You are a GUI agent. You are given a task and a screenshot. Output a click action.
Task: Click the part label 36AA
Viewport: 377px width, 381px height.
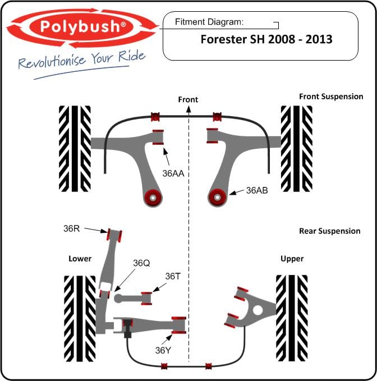[173, 173]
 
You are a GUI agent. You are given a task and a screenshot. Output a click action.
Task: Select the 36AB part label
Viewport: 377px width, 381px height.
[257, 190]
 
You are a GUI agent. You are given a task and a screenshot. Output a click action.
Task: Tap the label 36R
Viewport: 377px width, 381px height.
[72, 228]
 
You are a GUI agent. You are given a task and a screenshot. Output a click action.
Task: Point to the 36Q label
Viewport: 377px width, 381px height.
[142, 263]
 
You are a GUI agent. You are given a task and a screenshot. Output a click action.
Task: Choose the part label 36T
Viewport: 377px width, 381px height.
[172, 276]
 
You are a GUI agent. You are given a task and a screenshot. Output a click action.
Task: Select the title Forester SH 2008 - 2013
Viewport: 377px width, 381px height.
[266, 40]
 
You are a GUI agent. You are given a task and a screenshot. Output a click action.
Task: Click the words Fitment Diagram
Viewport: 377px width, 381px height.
[209, 22]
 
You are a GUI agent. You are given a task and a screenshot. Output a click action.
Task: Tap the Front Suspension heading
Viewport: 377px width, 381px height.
[331, 97]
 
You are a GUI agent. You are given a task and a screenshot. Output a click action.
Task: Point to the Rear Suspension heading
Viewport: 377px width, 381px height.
[330, 231]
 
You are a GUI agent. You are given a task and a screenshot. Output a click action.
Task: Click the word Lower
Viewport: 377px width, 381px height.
[80, 259]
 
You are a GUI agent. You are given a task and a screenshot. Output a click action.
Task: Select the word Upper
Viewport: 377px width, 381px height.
[292, 259]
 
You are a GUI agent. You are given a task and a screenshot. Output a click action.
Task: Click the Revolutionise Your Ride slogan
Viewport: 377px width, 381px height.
[82, 59]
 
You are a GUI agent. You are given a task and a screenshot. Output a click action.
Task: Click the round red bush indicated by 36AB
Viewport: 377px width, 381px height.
[217, 197]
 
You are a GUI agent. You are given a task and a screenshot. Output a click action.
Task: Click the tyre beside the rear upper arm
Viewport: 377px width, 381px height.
[292, 317]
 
